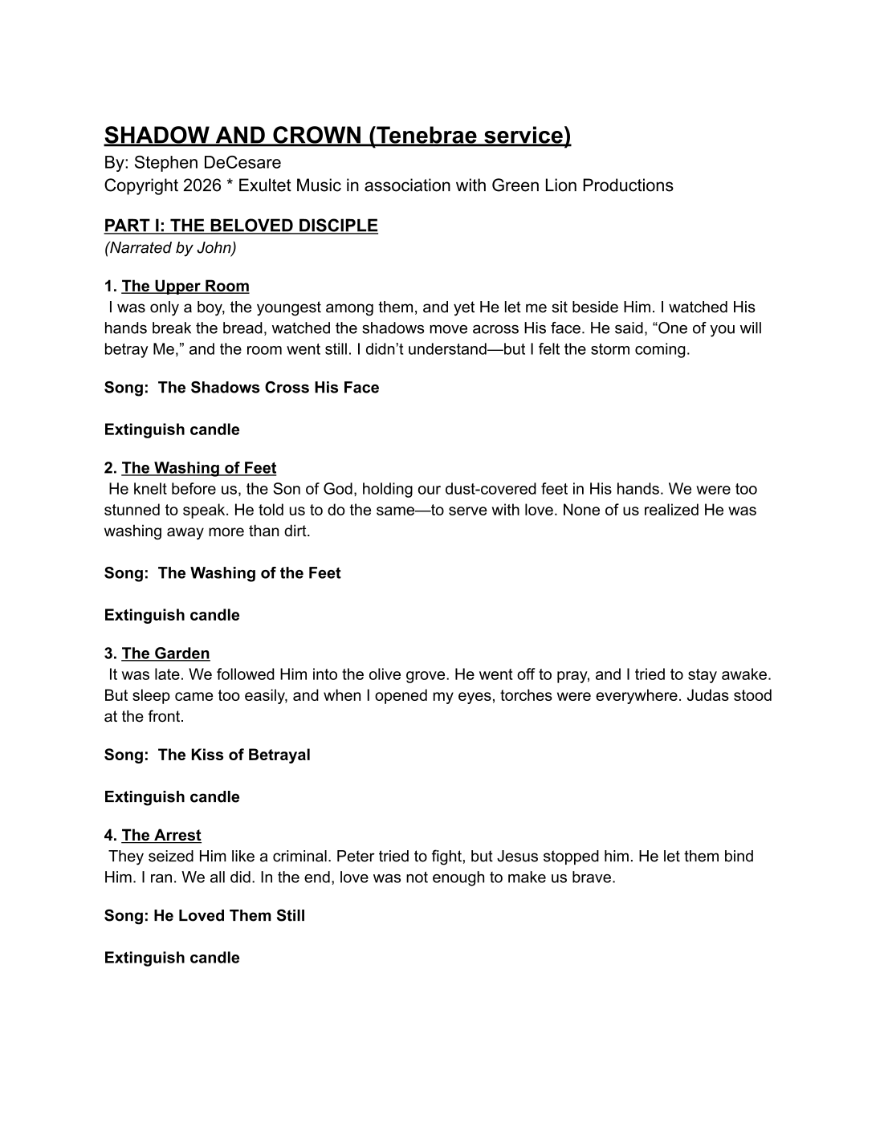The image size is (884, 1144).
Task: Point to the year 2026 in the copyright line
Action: (x=202, y=185)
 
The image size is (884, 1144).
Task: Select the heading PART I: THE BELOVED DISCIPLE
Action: (x=241, y=226)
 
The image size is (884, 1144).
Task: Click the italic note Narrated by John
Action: (x=170, y=247)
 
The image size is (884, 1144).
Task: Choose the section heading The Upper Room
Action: (x=185, y=287)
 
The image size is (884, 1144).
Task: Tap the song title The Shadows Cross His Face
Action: (x=268, y=388)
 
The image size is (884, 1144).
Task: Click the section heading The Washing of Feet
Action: (x=199, y=468)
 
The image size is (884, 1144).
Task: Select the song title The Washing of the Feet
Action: (x=249, y=573)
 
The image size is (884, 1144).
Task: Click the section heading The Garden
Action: (x=165, y=653)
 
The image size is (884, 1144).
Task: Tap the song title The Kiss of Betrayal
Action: (x=234, y=755)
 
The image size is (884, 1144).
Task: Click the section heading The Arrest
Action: (x=161, y=835)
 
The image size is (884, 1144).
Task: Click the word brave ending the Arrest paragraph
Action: (x=593, y=877)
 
